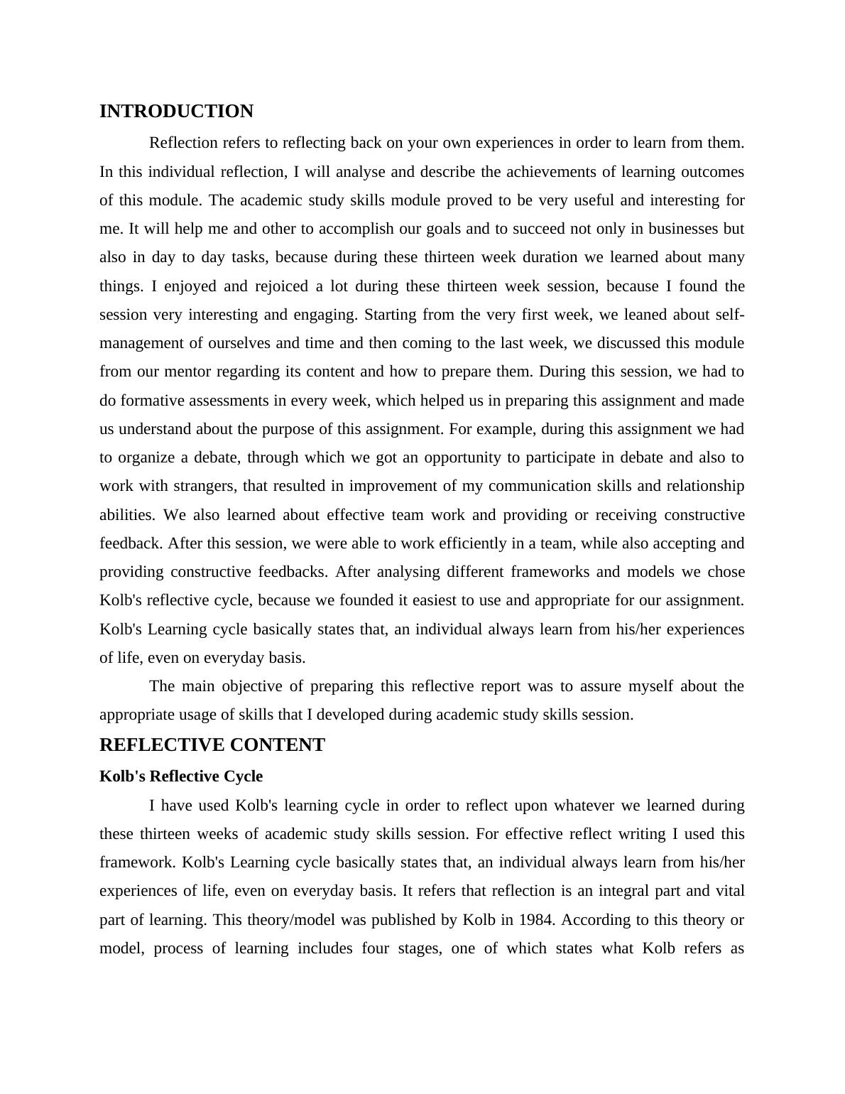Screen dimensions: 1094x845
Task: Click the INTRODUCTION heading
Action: click(176, 112)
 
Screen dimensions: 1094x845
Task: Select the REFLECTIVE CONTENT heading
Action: click(212, 745)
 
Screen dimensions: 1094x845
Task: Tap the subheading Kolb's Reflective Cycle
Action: click(181, 776)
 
